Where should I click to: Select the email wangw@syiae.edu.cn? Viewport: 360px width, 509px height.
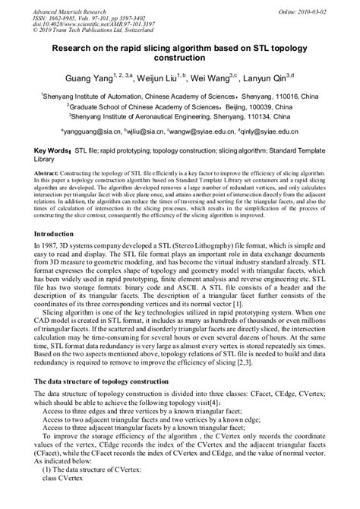click(216, 131)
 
